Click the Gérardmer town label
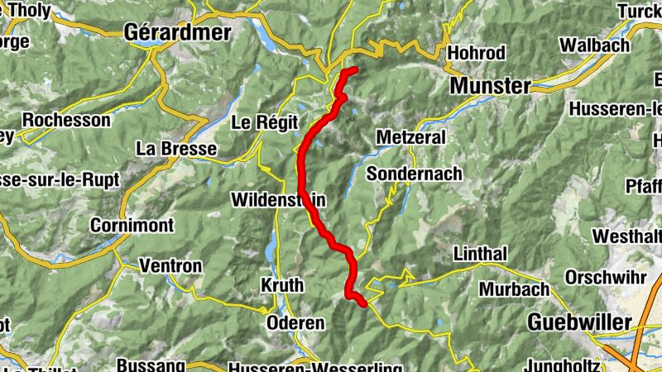(176, 31)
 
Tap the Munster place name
(491, 86)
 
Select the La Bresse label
(176, 149)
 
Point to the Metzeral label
(410, 137)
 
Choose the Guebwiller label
(578, 322)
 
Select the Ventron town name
(170, 266)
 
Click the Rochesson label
(66, 120)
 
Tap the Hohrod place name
(476, 53)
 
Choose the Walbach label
(594, 45)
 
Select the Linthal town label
(481, 252)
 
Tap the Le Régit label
(263, 123)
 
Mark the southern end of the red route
(362, 303)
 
